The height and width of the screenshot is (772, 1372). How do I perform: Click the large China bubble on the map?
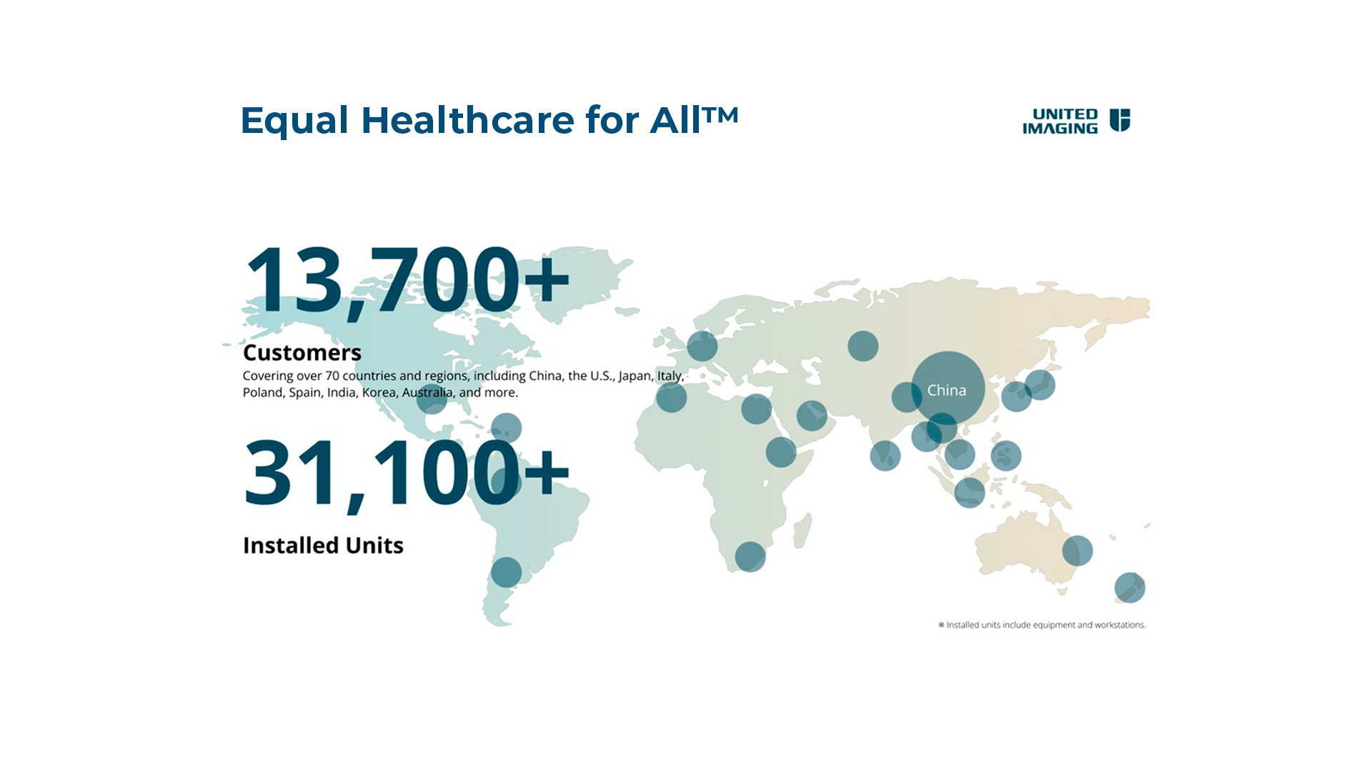click(x=948, y=388)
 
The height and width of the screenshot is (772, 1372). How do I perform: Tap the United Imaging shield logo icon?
click(x=1120, y=120)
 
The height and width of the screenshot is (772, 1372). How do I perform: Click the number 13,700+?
click(x=407, y=281)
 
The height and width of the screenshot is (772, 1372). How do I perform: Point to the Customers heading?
click(x=302, y=352)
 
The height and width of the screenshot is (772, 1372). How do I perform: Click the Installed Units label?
click(x=323, y=545)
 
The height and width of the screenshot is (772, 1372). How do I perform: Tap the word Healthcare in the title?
click(x=468, y=120)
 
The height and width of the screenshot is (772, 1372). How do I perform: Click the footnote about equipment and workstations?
click(x=1042, y=625)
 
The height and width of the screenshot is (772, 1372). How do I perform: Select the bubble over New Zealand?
click(x=1130, y=588)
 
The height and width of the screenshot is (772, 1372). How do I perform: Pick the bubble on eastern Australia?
click(x=1078, y=550)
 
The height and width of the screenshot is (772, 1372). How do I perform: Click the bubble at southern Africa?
click(x=750, y=557)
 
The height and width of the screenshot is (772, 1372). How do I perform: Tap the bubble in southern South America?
click(x=507, y=572)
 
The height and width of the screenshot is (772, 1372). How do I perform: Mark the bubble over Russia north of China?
click(x=863, y=346)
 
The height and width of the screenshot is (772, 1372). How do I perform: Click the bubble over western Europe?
click(x=702, y=346)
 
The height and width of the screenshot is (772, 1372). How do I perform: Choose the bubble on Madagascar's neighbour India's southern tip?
click(x=885, y=455)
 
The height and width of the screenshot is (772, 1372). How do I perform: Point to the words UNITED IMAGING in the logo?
click(x=1060, y=121)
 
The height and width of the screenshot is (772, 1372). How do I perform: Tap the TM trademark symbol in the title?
click(x=720, y=114)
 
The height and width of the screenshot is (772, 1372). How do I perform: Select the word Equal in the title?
click(x=294, y=122)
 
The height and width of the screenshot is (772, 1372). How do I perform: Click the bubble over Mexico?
click(x=432, y=398)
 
